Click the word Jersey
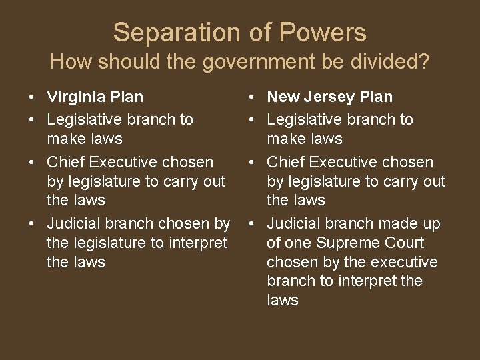click(x=327, y=97)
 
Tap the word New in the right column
click(x=283, y=97)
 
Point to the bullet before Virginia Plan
click(x=33, y=97)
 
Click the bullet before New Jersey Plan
click(x=252, y=97)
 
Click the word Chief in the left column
click(x=65, y=162)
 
